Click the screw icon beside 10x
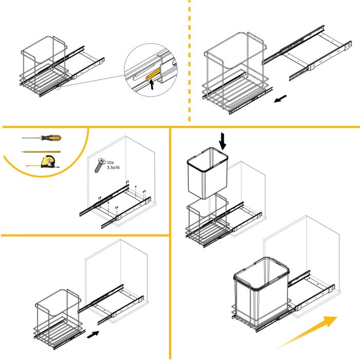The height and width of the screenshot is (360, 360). tap(99, 166)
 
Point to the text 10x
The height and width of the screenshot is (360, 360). tap(110, 162)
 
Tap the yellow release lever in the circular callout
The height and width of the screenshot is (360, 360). tap(153, 75)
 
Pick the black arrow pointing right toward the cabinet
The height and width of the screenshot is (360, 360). tap(93, 334)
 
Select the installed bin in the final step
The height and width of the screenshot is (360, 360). tap(260, 291)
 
